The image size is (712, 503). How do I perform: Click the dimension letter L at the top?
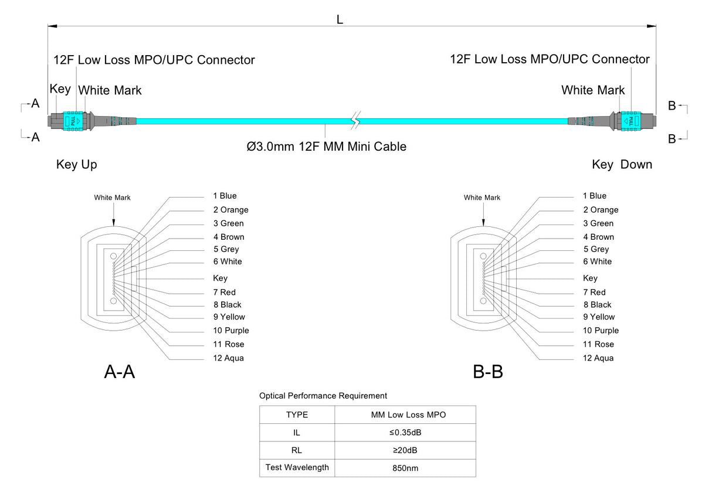pos(340,19)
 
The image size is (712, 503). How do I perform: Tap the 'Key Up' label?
pos(77,165)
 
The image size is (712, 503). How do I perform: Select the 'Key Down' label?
pos(622,165)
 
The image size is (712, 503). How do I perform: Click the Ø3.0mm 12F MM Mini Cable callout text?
pos(326,147)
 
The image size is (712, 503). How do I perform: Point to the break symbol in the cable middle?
pos(354,121)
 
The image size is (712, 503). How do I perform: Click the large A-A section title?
pos(120,371)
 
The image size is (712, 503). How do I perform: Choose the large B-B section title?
pos(488,371)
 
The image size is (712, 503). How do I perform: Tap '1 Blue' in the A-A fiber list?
pos(225,196)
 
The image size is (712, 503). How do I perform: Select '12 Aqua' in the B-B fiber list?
pos(598,358)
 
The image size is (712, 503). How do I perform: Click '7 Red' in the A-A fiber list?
pos(224,292)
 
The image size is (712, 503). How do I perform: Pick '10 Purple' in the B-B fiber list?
pos(601,331)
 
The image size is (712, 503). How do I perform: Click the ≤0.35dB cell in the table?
pos(405,433)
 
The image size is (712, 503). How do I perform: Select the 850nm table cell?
pos(405,468)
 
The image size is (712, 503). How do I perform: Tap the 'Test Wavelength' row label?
pos(297,467)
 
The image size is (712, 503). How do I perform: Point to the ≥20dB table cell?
pos(405,450)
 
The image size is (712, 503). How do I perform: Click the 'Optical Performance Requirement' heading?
pos(323,396)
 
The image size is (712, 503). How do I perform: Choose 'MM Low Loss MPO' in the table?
pos(405,415)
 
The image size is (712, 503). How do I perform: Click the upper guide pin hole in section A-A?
pos(114,256)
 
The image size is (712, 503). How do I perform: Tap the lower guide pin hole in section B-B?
pos(483,301)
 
